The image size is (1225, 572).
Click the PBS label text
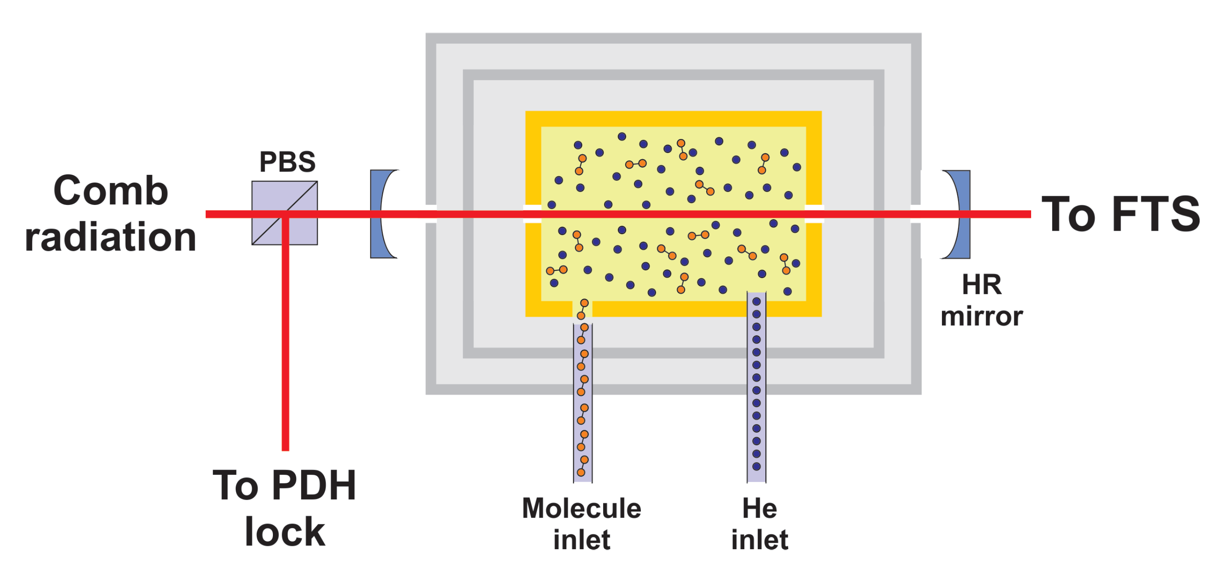[287, 162]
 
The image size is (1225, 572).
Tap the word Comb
[111, 191]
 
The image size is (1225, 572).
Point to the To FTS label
[1120, 215]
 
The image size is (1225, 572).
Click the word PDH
[314, 485]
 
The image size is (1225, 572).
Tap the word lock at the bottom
[284, 531]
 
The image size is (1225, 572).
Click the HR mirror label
[982, 300]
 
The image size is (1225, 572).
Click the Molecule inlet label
[582, 524]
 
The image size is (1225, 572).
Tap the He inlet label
[759, 524]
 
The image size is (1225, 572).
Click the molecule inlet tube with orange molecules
[583, 404]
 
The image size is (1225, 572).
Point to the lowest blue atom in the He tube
[756, 466]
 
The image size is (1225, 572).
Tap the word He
[759, 508]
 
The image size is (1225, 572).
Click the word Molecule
[582, 508]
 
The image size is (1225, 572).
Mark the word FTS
[1156, 215]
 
